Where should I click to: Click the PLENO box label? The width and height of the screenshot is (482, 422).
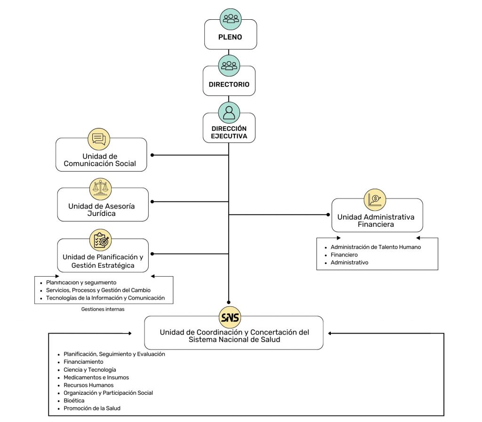pos(230,37)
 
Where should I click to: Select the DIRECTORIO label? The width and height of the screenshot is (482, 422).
pos(229,85)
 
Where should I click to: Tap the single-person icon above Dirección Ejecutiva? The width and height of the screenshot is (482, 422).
pos(229,113)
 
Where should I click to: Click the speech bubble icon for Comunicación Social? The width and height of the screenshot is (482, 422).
pos(99,139)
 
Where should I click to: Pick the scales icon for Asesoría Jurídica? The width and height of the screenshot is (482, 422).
pos(101,189)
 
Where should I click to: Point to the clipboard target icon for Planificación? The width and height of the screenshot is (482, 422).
pos(101,240)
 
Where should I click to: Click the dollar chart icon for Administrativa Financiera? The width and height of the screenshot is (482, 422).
pos(375,199)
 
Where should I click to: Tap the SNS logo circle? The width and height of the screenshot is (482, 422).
pos(230,317)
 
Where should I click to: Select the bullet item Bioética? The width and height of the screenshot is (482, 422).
pos(74,400)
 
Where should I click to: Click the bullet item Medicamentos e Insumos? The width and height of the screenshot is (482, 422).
pos(96,377)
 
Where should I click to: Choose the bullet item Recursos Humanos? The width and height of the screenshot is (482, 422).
pos(88,385)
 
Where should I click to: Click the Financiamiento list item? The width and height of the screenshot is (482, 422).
pos(83,362)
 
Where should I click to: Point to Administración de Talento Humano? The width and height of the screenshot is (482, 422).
pos(376,247)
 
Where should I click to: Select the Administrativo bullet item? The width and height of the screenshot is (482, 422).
pos(349,263)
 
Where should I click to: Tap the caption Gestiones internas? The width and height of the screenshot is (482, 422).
pos(103,309)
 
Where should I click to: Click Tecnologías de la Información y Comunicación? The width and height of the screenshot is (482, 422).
pos(105,298)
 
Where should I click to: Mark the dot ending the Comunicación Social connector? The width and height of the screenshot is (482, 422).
pos(152,155)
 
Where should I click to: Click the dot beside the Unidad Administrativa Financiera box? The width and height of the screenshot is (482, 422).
pos(328,215)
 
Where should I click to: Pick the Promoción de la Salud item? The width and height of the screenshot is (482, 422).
pos(92,408)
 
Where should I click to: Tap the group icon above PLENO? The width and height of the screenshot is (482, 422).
pos(231,19)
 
